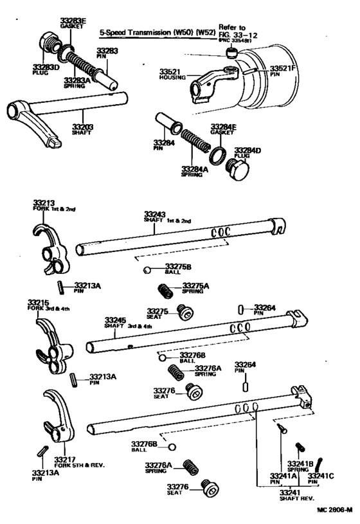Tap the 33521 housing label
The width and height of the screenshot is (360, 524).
(x=171, y=74)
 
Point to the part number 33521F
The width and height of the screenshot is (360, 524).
(x=283, y=68)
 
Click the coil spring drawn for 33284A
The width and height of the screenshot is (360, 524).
(x=193, y=143)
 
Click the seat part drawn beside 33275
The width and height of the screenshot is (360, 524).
(x=186, y=314)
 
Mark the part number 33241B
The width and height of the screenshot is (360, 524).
(x=300, y=463)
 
